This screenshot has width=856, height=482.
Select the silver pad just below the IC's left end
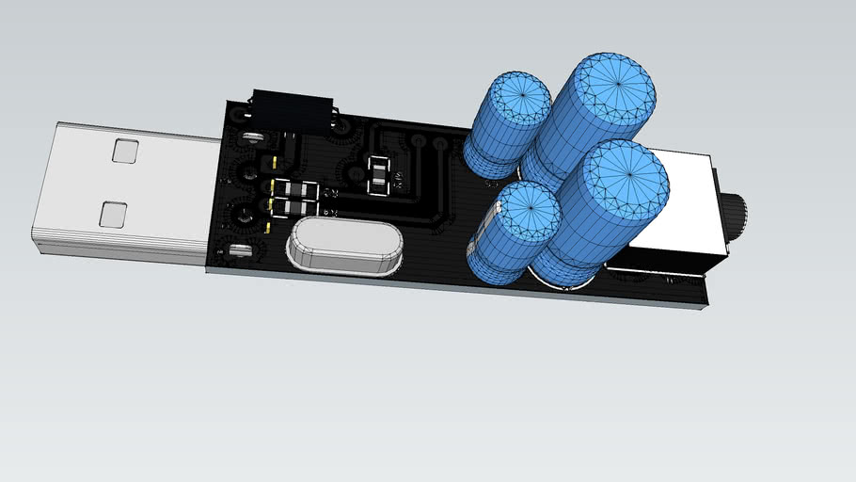point(251,137)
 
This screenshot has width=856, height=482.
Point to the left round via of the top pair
point(416,142)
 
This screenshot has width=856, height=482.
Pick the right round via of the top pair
point(439,143)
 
